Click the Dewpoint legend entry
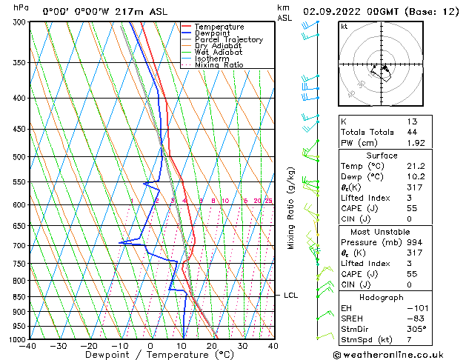click(213, 33)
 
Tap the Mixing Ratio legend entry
click(219, 65)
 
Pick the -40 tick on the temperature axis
click(28, 346)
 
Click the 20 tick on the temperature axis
click(212, 346)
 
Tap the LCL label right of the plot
click(291, 296)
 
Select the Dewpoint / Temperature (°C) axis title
click(150, 356)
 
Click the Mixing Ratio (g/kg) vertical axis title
click(291, 207)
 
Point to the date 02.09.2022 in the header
click(335, 12)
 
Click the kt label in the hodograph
click(344, 27)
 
